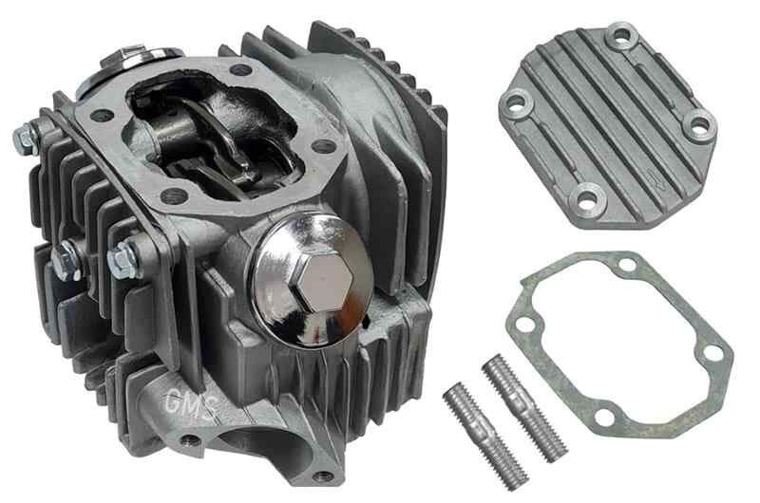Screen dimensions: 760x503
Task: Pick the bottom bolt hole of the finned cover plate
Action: coord(587,198)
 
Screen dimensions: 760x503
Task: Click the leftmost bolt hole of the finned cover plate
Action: coord(516,102)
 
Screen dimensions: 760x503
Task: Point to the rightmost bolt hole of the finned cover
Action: coord(699,123)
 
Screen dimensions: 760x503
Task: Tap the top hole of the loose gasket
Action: coord(627,265)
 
